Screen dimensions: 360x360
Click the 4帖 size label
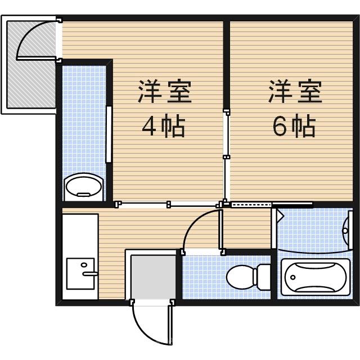[x=163, y=127]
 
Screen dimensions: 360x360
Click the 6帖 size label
[x=294, y=127]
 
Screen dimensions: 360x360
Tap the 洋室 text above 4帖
[x=165, y=92]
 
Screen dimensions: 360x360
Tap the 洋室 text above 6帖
[x=295, y=92]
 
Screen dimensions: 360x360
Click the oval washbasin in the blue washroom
[x=83, y=186]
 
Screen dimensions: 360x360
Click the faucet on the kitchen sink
[x=90, y=273]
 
